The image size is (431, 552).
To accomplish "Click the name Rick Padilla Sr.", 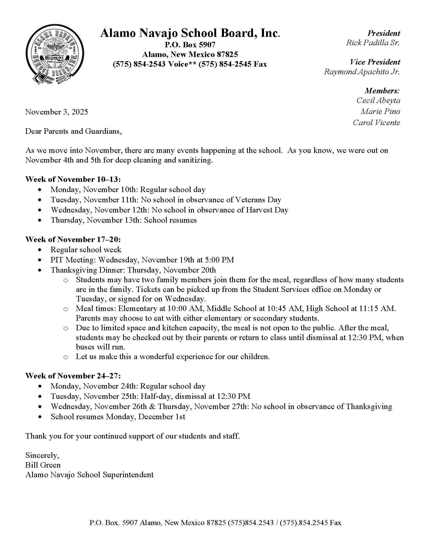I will (373, 43).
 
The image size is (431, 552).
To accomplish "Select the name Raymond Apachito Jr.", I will (362, 72).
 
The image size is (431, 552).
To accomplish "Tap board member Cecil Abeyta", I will (378, 100).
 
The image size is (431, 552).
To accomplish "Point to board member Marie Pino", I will (380, 112).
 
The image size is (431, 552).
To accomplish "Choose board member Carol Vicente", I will (376, 123).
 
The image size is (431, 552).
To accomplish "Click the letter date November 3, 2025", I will (56, 112).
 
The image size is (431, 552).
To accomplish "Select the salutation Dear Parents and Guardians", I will (73, 131).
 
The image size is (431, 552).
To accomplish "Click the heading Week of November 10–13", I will (73, 179).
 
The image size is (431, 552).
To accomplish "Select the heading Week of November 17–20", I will (73, 240).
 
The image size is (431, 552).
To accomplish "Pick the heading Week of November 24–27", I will (73, 376).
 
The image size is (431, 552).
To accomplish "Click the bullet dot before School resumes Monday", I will (40, 417).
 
